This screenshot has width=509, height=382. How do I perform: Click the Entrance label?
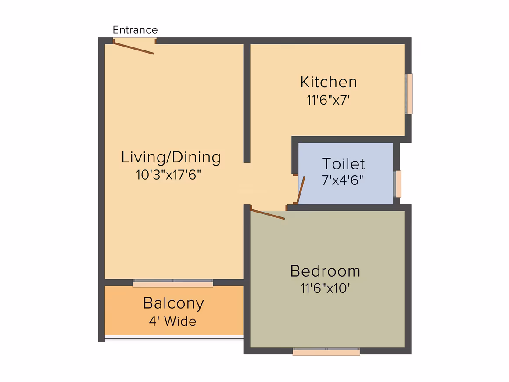click(135, 30)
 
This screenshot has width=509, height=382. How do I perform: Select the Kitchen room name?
click(329, 82)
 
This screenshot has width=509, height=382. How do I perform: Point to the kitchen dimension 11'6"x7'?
click(328, 100)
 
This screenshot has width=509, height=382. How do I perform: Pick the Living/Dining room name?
click(171, 157)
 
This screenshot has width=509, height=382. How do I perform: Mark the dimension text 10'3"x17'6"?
click(168, 175)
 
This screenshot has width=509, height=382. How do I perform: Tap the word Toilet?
click(344, 164)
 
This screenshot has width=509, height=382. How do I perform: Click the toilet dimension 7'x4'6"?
click(342, 180)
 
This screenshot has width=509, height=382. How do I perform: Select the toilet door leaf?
click(301, 190)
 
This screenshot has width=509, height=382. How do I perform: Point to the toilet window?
click(398, 184)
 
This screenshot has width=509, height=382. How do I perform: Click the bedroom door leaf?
click(268, 214)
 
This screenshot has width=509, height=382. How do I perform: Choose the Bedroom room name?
click(325, 271)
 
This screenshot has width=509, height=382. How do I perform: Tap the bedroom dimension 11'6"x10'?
click(325, 288)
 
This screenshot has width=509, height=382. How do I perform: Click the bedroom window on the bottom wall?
click(326, 351)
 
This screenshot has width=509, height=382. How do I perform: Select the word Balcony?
click(173, 304)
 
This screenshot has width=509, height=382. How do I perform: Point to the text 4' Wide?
click(173, 321)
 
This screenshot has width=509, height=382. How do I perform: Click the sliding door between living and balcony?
click(173, 283)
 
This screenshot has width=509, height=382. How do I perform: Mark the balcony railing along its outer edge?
click(174, 339)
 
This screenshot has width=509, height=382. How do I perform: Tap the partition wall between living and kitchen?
click(247, 103)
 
